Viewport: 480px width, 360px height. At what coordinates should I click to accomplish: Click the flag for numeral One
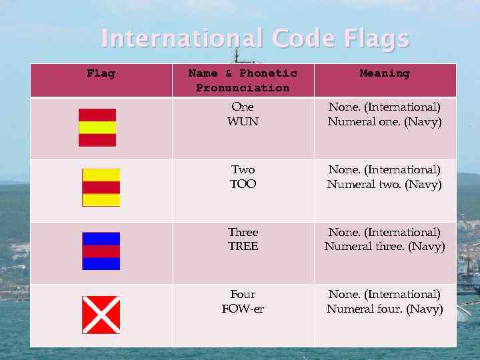pos(97,127)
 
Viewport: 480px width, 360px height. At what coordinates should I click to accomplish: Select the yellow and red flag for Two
pos(101,187)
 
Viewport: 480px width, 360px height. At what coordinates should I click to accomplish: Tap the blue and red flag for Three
pos(101,251)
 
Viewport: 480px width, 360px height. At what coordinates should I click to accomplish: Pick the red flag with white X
pos(101,315)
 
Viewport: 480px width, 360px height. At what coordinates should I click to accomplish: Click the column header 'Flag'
pos(101,73)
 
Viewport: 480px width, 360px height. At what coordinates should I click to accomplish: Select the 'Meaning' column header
pos(385,73)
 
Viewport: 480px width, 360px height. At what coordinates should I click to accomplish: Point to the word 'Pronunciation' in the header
pos(243,88)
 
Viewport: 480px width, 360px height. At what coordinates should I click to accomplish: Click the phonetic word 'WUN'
pos(243,121)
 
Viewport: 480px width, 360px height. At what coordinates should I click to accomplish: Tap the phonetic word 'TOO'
pos(243,184)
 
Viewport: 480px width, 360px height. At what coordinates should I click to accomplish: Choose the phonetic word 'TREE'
pos(243,247)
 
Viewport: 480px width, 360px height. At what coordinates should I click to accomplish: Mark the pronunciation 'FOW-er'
pos(243,309)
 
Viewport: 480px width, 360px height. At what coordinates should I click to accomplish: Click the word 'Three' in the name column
pos(243,232)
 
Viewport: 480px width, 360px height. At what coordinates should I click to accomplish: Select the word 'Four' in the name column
pos(243,294)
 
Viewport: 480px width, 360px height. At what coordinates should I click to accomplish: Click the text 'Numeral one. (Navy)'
pos(385,121)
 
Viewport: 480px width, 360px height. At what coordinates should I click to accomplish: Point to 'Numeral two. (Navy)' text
pos(385,184)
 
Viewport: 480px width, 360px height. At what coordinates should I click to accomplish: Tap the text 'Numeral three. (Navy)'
pos(385,247)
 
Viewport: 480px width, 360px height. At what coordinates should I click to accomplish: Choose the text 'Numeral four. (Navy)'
pos(385,309)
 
